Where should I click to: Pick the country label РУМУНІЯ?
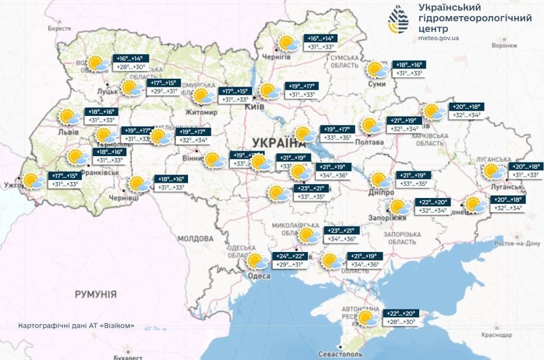pyautogui.click(x=95, y=294)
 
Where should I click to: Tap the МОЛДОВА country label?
pyautogui.click(x=195, y=238)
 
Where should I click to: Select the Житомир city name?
pyautogui.click(x=202, y=112)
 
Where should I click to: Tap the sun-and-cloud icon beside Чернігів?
pyautogui.click(x=289, y=45)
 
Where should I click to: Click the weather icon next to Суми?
pyautogui.click(x=378, y=70)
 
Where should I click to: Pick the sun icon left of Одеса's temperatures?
pyautogui.click(x=257, y=261)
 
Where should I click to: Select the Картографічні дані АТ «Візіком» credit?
pyautogui.click(x=77, y=326)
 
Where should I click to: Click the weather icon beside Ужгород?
pyautogui.click(x=32, y=181)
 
